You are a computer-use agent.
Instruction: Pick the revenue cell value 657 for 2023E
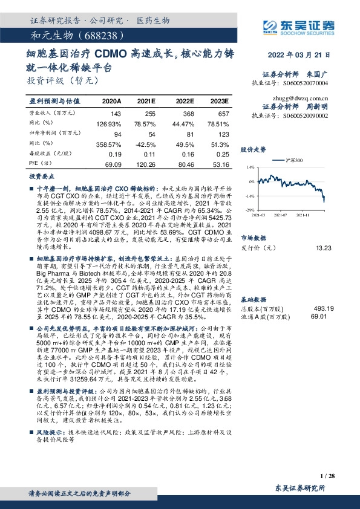tap(223, 113)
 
